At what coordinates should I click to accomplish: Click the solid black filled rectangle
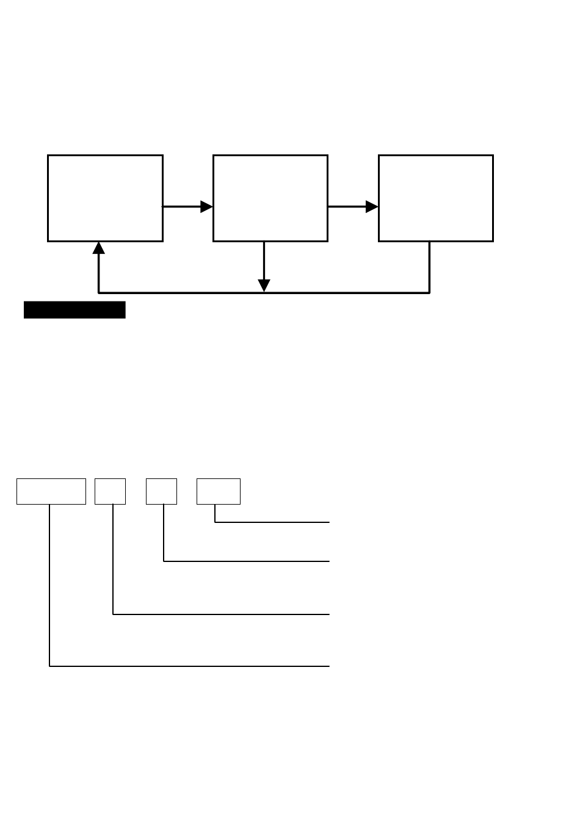74,310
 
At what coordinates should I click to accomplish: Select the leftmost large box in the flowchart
105,198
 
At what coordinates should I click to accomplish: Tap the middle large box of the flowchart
270,198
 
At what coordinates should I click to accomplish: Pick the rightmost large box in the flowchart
435,198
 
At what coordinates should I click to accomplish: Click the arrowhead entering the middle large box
207,207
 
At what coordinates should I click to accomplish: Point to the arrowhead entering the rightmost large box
372,207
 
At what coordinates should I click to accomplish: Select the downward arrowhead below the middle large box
264,286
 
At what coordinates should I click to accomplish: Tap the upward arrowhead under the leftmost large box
99,248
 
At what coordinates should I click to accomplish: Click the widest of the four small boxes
51,492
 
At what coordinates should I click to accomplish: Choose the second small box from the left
110,492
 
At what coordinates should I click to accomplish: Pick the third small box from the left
161,492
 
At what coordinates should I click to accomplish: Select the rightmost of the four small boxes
218,492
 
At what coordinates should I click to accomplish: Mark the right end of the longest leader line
330,666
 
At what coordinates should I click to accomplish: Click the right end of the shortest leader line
330,522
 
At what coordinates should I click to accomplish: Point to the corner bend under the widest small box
49,666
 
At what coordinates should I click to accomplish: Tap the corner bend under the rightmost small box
215,522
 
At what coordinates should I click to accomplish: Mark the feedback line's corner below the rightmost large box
430,293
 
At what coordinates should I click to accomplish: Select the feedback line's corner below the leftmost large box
99,293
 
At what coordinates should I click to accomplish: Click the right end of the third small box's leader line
330,560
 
